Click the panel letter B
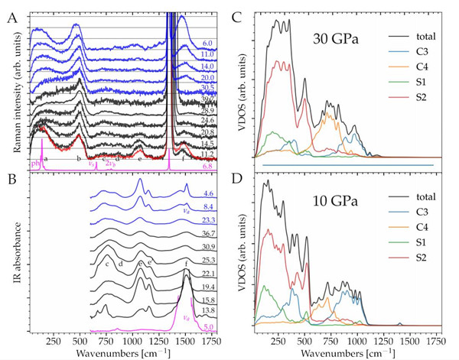tap(12, 182)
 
